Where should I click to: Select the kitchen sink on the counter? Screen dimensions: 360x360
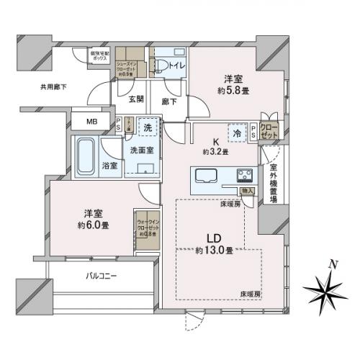206,176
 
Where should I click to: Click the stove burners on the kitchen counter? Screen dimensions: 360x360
244,176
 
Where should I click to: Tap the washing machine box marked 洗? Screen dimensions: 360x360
147,127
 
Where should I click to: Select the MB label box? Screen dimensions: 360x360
92,122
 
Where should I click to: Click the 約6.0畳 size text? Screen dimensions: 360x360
94,224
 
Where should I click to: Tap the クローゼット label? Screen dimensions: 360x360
269,130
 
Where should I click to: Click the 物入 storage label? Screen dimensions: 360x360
247,191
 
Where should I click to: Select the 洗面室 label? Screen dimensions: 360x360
141,150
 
